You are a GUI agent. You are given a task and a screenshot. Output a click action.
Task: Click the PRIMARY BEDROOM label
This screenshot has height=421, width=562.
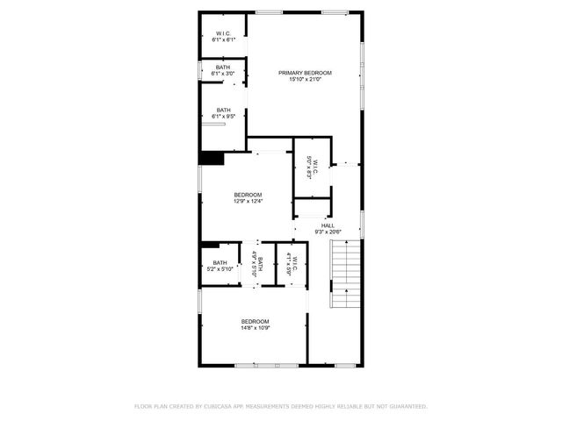pyautogui.click(x=306, y=72)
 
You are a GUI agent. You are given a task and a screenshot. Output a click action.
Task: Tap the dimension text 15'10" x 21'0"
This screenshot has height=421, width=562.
pyautogui.click(x=306, y=79)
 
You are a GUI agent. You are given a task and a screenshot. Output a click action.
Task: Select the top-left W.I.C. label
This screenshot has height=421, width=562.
pyautogui.click(x=224, y=33)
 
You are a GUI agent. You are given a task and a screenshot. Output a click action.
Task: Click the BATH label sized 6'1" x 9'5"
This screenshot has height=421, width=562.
pyautogui.click(x=224, y=110)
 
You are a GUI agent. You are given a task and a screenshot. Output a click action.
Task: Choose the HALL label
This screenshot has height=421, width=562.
pyautogui.click(x=328, y=225)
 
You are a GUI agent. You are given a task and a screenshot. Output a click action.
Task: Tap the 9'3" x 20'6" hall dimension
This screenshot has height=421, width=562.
pyautogui.click(x=328, y=232)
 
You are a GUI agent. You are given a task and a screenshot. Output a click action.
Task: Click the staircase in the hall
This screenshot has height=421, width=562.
pyautogui.click(x=345, y=275)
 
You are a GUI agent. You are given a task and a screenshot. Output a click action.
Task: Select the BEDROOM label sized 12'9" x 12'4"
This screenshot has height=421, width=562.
pyautogui.click(x=248, y=195)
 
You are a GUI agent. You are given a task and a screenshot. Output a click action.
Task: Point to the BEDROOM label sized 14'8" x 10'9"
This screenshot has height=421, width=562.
pyautogui.click(x=256, y=321)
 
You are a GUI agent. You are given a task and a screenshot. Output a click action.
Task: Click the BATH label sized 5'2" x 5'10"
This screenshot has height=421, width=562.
pyautogui.click(x=220, y=263)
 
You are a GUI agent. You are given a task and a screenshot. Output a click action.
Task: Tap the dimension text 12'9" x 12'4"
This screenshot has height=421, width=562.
pyautogui.click(x=248, y=202)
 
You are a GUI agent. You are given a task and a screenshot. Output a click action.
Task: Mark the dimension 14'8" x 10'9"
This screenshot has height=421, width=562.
pyautogui.click(x=256, y=328)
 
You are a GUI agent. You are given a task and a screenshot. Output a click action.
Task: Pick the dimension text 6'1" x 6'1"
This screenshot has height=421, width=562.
pyautogui.click(x=224, y=40)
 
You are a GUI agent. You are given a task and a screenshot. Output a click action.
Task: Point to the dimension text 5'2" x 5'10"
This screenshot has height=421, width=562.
pyautogui.click(x=220, y=270)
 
